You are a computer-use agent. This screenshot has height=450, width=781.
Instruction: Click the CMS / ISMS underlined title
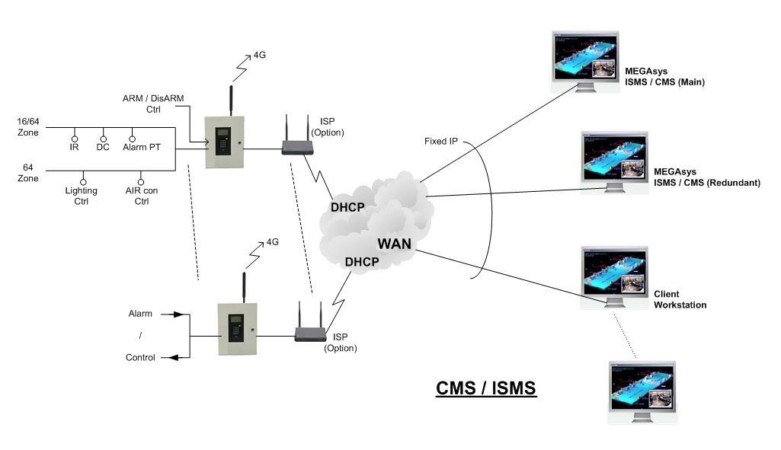point(485,388)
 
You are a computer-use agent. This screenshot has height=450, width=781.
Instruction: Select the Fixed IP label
point(442,142)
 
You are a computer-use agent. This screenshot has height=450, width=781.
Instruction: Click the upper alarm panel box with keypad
point(226,142)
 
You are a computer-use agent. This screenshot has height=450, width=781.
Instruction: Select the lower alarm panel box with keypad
point(238,329)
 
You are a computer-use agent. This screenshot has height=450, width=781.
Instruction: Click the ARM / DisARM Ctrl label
point(153,104)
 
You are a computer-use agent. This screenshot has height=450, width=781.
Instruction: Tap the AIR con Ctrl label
point(142,196)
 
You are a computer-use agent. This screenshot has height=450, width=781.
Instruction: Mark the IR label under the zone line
point(74,148)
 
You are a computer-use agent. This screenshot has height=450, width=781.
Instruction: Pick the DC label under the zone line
point(103,148)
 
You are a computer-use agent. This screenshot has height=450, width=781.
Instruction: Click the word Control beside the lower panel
point(140,358)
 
